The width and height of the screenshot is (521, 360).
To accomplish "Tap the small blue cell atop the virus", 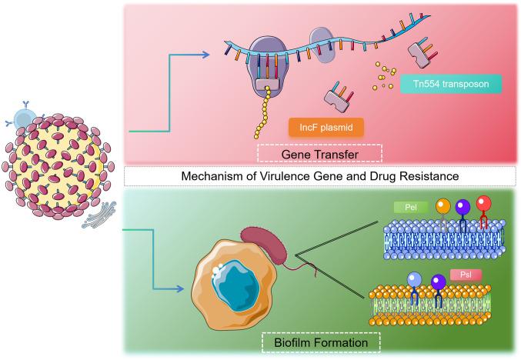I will pyautogui.click(x=25, y=118).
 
